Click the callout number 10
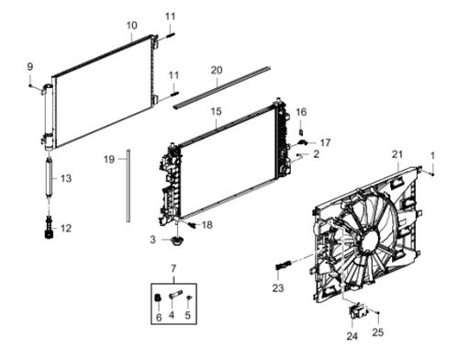132,26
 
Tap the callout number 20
217,71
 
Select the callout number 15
216,111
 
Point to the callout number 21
397,154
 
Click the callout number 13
66,178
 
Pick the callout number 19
109,160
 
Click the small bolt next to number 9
30,85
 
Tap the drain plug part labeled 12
49,229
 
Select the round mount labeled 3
176,241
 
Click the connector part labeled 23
285,264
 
